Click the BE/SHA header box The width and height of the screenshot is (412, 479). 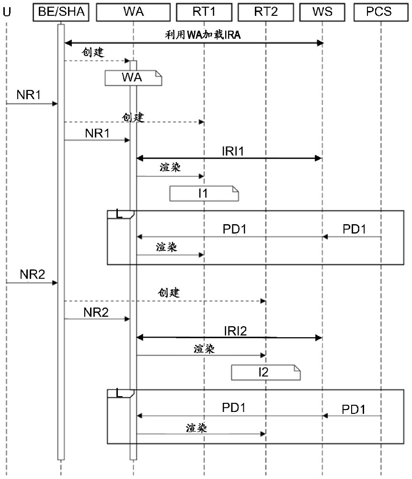pyautogui.click(x=61, y=12)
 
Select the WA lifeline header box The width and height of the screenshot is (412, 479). pyautogui.click(x=133, y=12)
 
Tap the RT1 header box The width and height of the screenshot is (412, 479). pyautogui.click(x=204, y=12)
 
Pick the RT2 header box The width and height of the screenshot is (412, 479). pyautogui.click(x=266, y=12)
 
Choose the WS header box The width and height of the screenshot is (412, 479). pyautogui.click(x=322, y=12)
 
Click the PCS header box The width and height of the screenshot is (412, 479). pyautogui.click(x=381, y=12)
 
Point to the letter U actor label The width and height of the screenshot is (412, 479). pyautogui.click(x=7, y=12)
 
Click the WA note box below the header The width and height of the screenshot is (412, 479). pyautogui.click(x=133, y=78)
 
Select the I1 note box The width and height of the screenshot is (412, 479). pyautogui.click(x=204, y=194)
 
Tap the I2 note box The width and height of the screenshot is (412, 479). pyautogui.click(x=265, y=372)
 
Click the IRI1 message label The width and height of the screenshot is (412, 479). pyautogui.click(x=233, y=151)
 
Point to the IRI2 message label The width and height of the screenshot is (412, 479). pyautogui.click(x=235, y=331)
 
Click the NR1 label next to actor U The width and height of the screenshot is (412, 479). pyautogui.click(x=28, y=95)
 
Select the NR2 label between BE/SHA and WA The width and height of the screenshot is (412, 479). pyautogui.click(x=96, y=312)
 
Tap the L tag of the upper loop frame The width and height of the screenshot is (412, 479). pyautogui.click(x=119, y=214)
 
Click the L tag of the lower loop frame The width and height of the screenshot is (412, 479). pyautogui.click(x=119, y=393)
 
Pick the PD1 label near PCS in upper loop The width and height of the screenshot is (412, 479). pyautogui.click(x=354, y=229)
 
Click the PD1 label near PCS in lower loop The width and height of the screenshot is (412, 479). pyautogui.click(x=354, y=410)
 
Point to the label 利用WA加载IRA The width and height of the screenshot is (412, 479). pyautogui.click(x=203, y=35)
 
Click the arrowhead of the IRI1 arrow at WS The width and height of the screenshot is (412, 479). pyautogui.click(x=318, y=158)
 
